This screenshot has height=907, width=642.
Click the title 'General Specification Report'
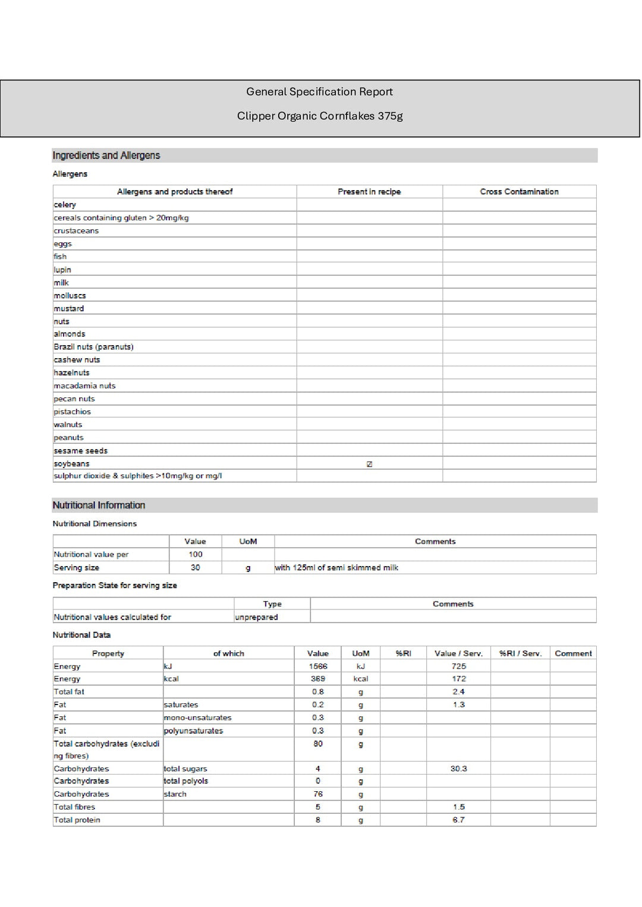pyautogui.click(x=319, y=91)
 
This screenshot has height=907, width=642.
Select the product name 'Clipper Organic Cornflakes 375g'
pyautogui.click(x=320, y=116)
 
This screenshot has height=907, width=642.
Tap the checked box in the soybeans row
pyautogui.click(x=369, y=464)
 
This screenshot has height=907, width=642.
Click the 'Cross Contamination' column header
pyautogui.click(x=519, y=192)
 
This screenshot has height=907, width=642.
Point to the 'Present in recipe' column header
pyautogui.click(x=369, y=192)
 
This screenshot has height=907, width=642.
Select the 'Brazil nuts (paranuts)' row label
pyautogui.click(x=93, y=347)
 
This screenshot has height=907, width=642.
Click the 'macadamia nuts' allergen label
pyautogui.click(x=84, y=386)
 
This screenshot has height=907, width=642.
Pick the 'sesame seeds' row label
pyautogui.click(x=80, y=451)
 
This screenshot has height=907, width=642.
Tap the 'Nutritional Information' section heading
pyautogui.click(x=99, y=505)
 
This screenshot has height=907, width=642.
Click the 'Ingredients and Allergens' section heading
pyautogui.click(x=106, y=156)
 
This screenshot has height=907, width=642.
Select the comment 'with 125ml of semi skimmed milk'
pyautogui.click(x=336, y=568)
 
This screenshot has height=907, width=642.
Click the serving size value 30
pyautogui.click(x=195, y=568)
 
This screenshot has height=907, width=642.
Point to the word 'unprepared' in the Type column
pyautogui.click(x=256, y=617)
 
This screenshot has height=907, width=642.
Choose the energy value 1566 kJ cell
pyautogui.click(x=317, y=666)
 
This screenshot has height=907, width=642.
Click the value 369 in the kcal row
pyautogui.click(x=317, y=679)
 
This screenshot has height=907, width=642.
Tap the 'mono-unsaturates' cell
pyautogui.click(x=197, y=718)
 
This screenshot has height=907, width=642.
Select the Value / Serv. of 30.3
pyautogui.click(x=458, y=769)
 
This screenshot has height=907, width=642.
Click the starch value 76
pyautogui.click(x=317, y=794)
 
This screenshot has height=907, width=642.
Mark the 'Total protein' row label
pyautogui.click(x=77, y=820)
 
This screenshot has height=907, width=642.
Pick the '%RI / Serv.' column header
pyautogui.click(x=520, y=653)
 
